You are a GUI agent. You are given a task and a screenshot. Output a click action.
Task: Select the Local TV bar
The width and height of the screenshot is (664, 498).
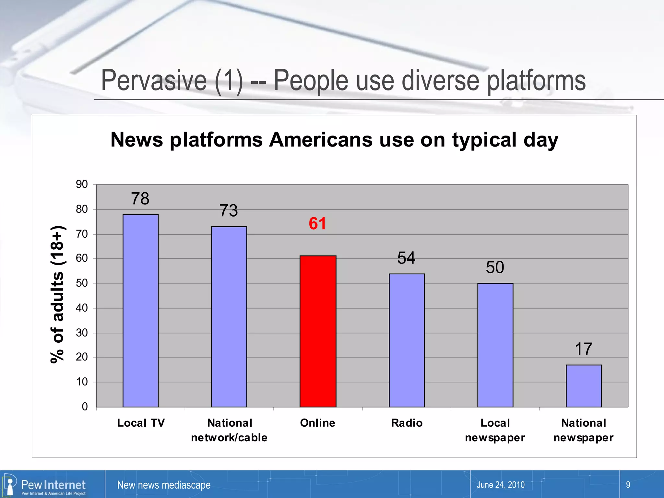point(140,311)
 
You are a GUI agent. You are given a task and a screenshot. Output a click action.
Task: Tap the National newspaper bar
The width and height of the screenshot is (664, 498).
point(584,386)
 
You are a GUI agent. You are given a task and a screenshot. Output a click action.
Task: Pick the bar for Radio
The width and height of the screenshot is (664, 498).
point(407,340)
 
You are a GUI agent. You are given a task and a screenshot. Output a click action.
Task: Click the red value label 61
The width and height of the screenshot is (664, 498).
point(317,224)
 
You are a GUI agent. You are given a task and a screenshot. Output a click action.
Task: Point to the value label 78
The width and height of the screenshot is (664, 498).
point(140,198)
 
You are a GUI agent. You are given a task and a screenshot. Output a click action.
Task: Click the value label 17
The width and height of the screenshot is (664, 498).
point(584,349)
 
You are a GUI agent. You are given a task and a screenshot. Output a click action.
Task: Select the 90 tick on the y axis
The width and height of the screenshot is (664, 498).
point(82,184)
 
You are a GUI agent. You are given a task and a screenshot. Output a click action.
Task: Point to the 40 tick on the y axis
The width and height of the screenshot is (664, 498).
point(82,308)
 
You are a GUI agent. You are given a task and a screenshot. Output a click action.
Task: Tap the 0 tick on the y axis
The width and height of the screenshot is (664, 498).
point(85,407)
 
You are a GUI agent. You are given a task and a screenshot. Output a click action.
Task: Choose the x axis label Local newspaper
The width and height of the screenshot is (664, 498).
point(495,430)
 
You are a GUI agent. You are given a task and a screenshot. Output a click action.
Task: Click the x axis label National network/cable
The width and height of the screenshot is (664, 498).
point(229,430)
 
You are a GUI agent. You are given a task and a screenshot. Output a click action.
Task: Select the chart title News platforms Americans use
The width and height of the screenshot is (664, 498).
point(334,140)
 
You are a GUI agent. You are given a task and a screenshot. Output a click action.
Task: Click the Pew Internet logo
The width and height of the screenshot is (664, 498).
point(45,485)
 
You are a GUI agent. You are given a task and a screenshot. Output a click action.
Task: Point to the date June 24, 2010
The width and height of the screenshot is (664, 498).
point(500,485)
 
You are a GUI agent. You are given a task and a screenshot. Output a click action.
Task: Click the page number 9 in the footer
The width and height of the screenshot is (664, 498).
point(628,485)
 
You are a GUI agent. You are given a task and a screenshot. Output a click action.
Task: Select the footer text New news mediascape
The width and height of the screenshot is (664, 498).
point(164,485)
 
